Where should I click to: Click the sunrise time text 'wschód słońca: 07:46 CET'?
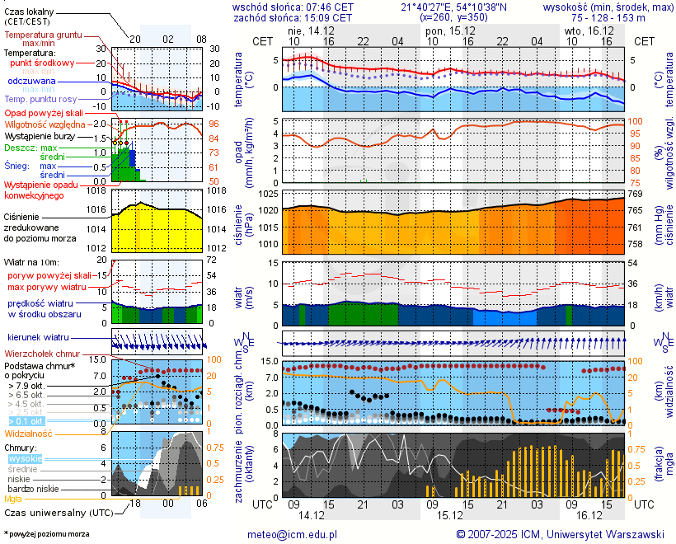tap(293, 7)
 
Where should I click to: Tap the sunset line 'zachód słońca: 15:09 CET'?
tap(293, 17)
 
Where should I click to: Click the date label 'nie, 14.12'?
tap(312, 30)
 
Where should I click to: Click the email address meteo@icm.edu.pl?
tap(293, 534)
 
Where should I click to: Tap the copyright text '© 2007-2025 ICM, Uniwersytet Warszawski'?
tap(561, 534)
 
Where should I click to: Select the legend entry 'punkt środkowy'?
tap(43, 63)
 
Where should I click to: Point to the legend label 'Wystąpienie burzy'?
tap(41, 135)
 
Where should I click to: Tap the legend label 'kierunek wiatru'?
tap(38, 338)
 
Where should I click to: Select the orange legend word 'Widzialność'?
tap(29, 433)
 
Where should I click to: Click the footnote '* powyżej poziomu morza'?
tap(46, 534)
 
